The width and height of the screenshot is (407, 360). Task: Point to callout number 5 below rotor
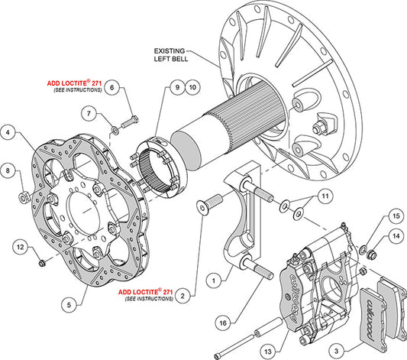coord(69,303)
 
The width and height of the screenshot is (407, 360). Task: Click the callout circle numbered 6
coord(111,89)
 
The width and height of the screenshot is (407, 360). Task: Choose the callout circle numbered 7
coord(91,115)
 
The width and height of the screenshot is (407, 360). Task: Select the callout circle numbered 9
coord(176,88)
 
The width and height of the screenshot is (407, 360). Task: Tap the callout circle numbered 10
coord(192,88)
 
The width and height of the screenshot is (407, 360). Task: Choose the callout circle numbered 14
coord(395,238)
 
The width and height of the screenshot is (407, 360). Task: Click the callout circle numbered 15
coord(395,217)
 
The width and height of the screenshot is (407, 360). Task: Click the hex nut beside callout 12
coord(42,263)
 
